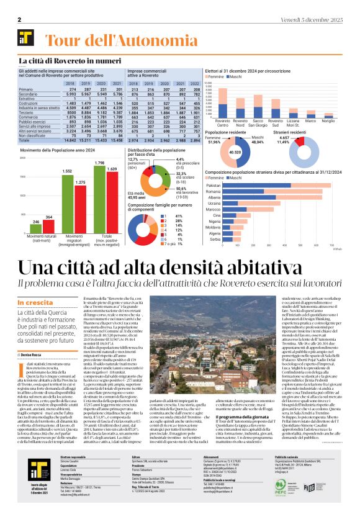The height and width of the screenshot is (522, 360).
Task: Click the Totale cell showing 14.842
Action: pos(69,142)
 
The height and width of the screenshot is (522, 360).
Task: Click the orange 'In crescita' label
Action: pos(35,304)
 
